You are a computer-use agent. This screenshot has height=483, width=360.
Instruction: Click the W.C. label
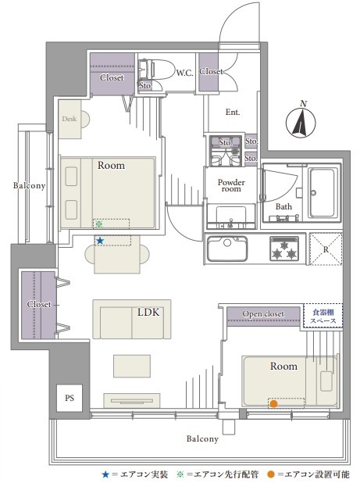184,73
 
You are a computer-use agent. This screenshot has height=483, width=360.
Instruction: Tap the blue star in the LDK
100,241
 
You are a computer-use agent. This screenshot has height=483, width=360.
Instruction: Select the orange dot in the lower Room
273,403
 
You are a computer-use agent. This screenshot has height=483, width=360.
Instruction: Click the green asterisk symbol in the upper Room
98,224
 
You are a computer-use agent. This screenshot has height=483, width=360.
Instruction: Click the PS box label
70,398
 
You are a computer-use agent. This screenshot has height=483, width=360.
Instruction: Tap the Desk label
70,119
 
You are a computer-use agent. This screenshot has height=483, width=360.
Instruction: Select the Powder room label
231,185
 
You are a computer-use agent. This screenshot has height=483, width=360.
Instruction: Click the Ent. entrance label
233,112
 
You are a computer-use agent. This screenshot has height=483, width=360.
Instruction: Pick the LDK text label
148,313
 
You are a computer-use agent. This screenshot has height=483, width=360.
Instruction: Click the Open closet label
263,314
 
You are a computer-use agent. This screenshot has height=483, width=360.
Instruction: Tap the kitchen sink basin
227,249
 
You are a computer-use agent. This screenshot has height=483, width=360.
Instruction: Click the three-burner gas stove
284,249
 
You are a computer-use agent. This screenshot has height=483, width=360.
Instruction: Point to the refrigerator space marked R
326,249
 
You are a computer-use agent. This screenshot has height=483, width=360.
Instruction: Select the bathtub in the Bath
323,192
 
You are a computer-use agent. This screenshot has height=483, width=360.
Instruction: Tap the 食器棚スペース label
323,317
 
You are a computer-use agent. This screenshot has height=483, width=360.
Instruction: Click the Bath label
283,206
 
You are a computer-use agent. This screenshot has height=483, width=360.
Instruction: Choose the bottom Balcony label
202,438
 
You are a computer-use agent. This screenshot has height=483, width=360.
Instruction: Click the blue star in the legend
105,474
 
